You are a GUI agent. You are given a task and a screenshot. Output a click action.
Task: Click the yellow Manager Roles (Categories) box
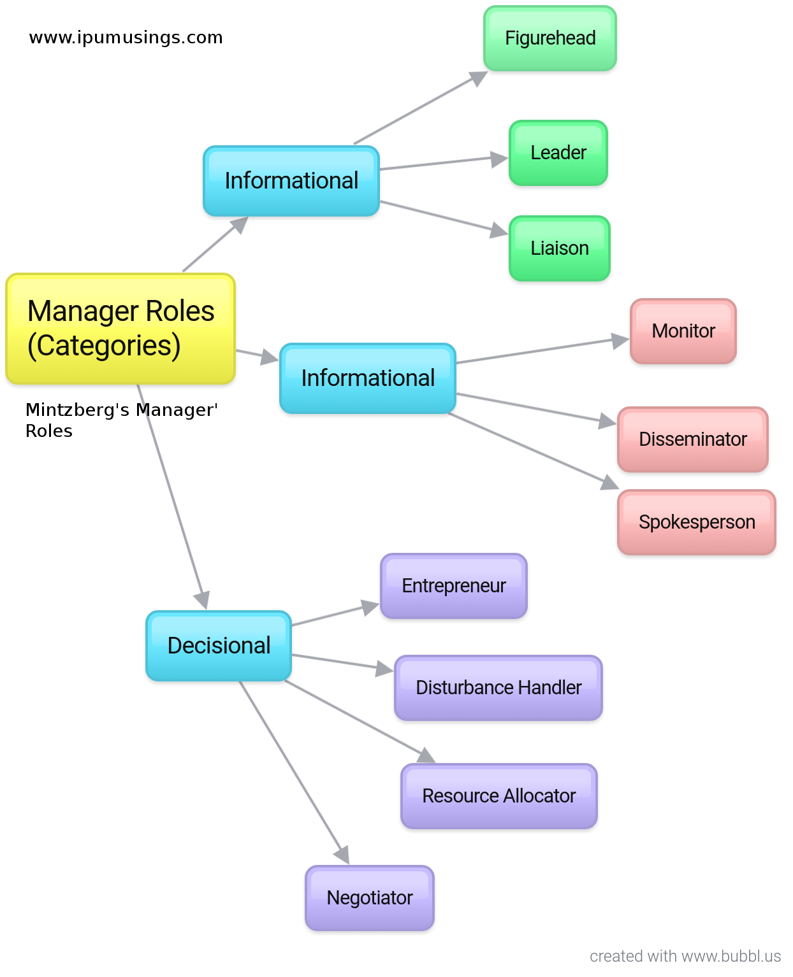pyautogui.click(x=120, y=329)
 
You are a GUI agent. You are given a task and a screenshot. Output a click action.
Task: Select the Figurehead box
pyautogui.click(x=550, y=38)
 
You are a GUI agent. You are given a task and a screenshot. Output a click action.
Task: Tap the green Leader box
pyautogui.click(x=558, y=153)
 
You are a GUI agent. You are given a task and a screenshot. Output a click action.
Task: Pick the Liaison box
pyautogui.click(x=560, y=248)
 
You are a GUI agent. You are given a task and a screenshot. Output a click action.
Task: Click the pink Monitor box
pyautogui.click(x=683, y=331)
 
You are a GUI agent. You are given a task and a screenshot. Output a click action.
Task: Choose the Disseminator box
pyautogui.click(x=693, y=439)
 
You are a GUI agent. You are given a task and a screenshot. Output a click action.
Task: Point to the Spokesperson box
pyautogui.click(x=697, y=522)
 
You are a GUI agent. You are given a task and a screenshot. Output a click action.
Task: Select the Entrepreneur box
pyautogui.click(x=454, y=586)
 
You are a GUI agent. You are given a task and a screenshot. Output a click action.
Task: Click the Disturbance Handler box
pyautogui.click(x=498, y=688)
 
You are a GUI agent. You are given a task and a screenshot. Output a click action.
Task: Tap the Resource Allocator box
pyautogui.click(x=499, y=796)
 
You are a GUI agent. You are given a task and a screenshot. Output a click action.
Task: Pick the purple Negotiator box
pyautogui.click(x=370, y=898)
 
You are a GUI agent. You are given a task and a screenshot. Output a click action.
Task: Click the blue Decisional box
pyautogui.click(x=219, y=646)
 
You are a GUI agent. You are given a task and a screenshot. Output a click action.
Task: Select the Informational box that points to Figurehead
pyautogui.click(x=291, y=181)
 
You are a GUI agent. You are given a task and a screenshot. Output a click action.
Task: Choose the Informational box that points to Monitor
pyautogui.click(x=368, y=378)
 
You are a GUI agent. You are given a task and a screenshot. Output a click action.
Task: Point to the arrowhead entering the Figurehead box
pyautogui.click(x=478, y=78)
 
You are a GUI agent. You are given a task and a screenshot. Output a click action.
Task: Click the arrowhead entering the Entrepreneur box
pyautogui.click(x=370, y=606)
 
